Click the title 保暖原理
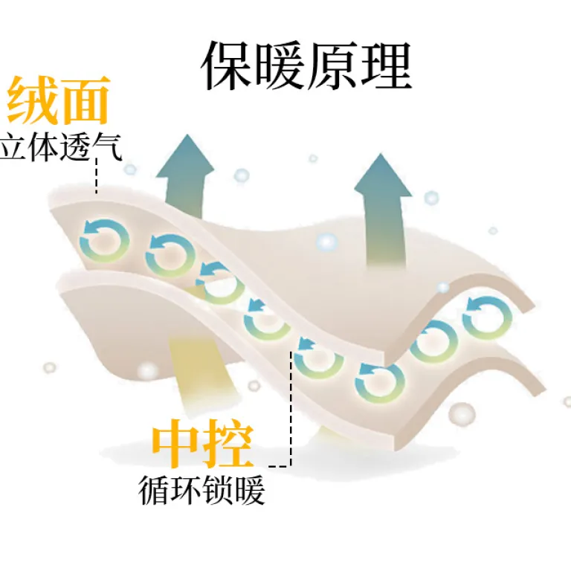pyautogui.click(x=306, y=65)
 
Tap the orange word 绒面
pyautogui.click(x=58, y=100)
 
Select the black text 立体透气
pyautogui.click(x=60, y=146)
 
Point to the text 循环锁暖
pyautogui.click(x=201, y=490)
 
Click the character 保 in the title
pyautogui.click(x=227, y=65)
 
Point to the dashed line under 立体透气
pyautogui.click(x=97, y=175)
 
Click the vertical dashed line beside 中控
pyautogui.click(x=291, y=409)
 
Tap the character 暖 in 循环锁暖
pyautogui.click(x=250, y=490)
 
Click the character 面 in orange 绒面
pyautogui.click(x=85, y=100)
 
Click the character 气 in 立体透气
pyautogui.click(x=107, y=146)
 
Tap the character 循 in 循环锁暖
pyautogui.click(x=153, y=490)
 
